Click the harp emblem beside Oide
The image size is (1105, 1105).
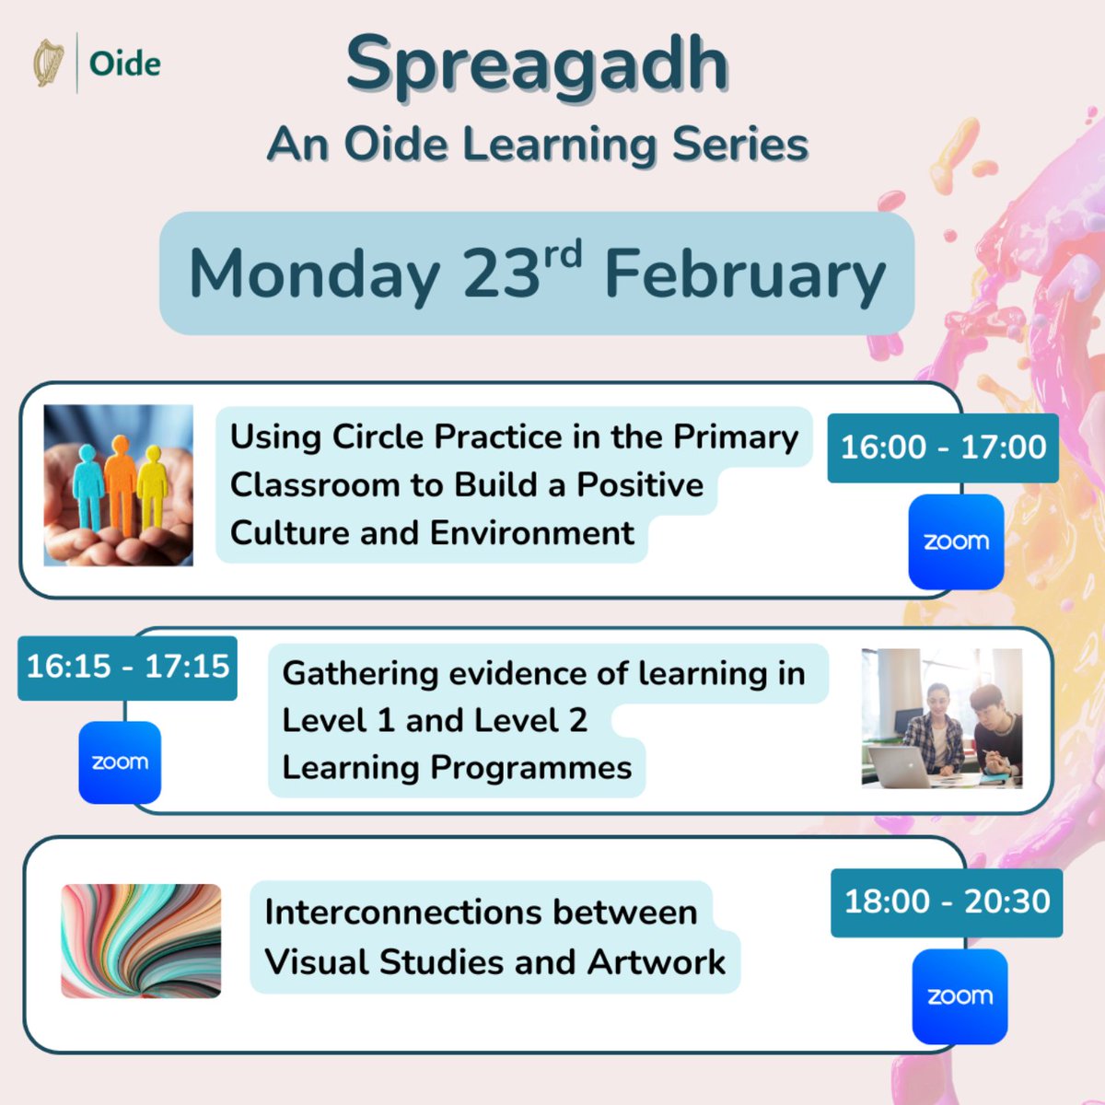pyautogui.click(x=47, y=63)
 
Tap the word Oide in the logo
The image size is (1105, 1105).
pyautogui.click(x=125, y=64)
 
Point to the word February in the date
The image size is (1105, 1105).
pyautogui.click(x=744, y=273)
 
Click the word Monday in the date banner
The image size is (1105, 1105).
pyautogui.click(x=314, y=273)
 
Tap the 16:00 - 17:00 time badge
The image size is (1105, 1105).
pyautogui.click(x=943, y=448)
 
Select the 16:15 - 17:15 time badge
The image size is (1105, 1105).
pyautogui.click(x=127, y=666)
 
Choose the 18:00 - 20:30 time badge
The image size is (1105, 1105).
pyautogui.click(x=947, y=901)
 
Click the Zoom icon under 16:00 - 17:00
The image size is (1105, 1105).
pyautogui.click(x=956, y=541)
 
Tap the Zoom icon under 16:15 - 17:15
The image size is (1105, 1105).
pyautogui.click(x=120, y=762)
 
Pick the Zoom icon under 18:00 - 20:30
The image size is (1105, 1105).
pyautogui.click(x=960, y=996)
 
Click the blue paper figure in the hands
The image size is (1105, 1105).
pyautogui.click(x=87, y=483)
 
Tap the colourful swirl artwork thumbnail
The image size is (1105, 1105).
pyautogui.click(x=141, y=941)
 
